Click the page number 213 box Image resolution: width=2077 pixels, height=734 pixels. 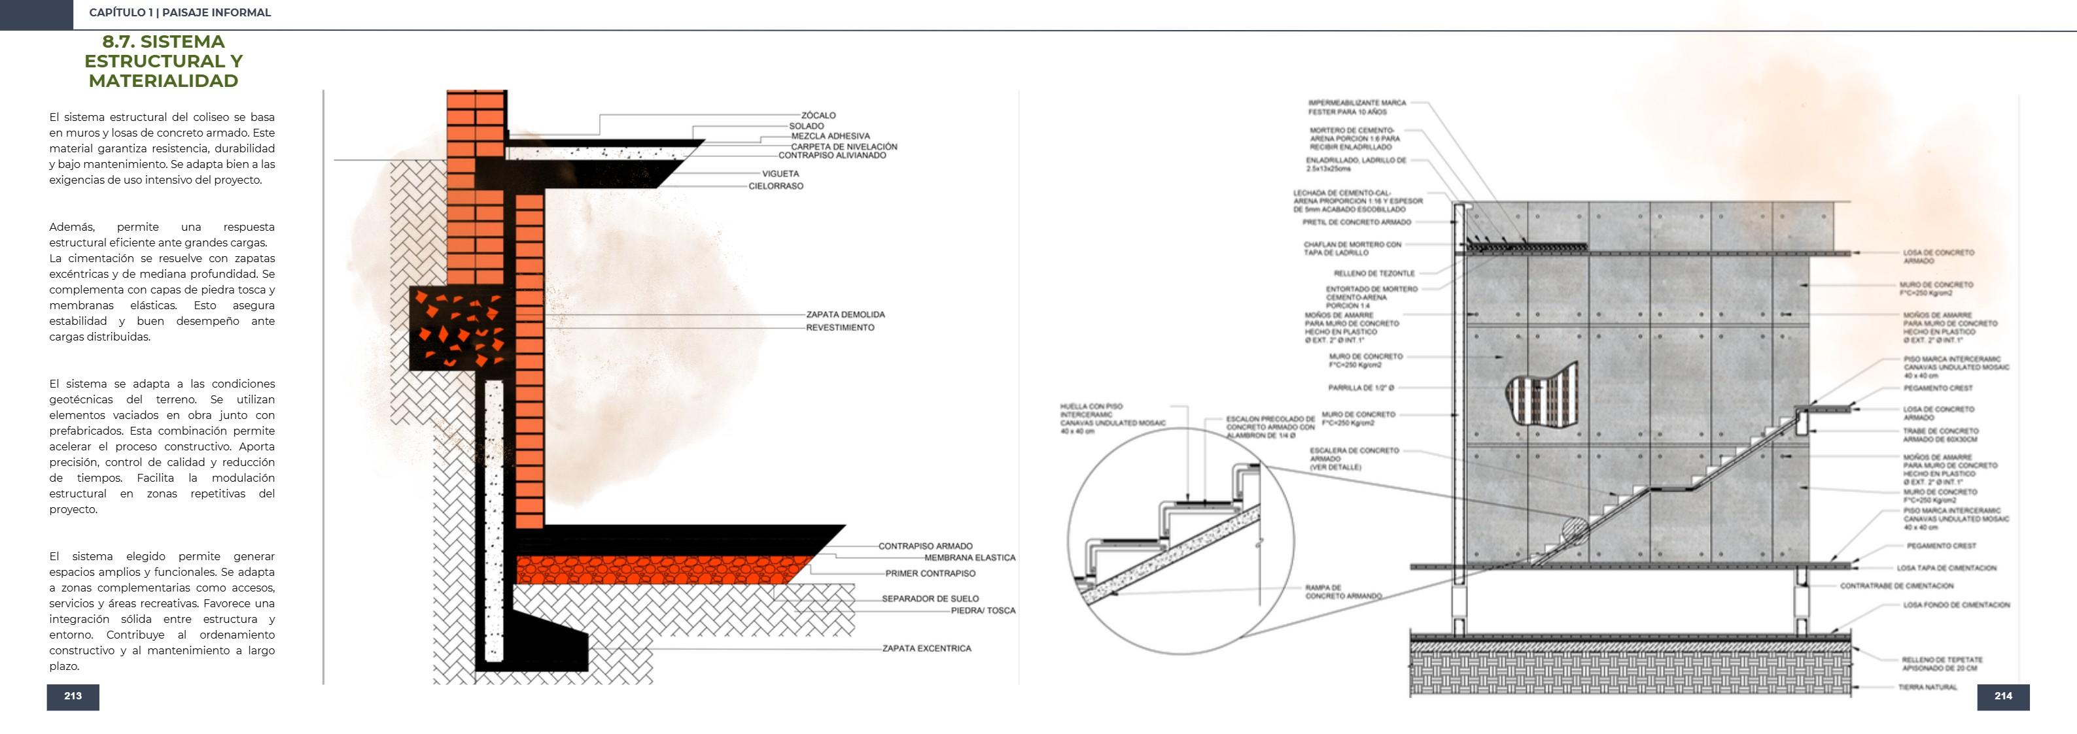tap(73, 696)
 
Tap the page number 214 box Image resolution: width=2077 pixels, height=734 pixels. tap(2003, 696)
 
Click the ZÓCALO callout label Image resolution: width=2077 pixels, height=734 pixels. tap(818, 115)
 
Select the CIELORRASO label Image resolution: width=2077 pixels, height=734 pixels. tap(776, 186)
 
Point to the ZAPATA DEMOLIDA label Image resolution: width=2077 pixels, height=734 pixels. tap(845, 314)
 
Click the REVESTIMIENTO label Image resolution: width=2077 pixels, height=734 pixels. tap(840, 328)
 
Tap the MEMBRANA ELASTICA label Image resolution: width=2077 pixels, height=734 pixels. tap(969, 558)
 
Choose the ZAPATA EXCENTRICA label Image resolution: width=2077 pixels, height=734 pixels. tap(926, 648)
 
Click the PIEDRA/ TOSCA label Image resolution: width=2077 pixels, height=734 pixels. tap(983, 610)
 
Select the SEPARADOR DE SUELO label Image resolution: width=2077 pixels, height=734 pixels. tap(930, 599)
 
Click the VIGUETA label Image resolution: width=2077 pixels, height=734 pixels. tap(780, 173)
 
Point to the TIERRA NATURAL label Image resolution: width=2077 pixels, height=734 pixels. tap(1927, 688)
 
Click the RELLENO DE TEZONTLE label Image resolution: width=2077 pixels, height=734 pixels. tap(1374, 273)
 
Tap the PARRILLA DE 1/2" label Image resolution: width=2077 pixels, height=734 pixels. tap(1361, 388)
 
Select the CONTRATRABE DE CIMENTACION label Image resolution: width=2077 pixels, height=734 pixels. tap(1896, 586)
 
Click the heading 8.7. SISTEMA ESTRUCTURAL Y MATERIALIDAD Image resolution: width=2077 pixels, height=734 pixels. tap(163, 61)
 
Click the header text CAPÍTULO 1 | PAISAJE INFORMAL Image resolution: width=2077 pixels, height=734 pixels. tap(180, 13)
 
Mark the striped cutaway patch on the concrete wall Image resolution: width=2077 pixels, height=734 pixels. tap(1542, 395)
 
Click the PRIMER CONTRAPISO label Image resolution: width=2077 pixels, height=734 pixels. tap(930, 574)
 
